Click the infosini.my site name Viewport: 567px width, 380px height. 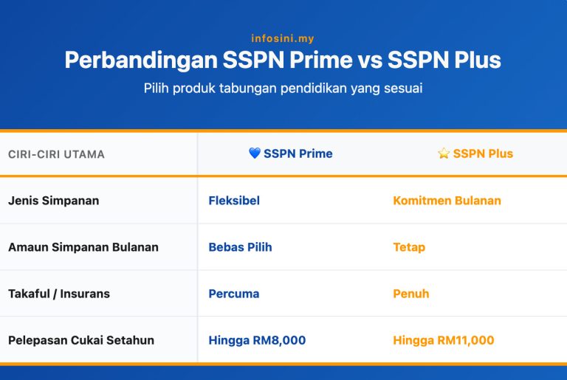[x=283, y=38]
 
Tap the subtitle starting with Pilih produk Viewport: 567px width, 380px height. [x=283, y=88]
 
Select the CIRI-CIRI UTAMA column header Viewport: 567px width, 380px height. [x=56, y=154]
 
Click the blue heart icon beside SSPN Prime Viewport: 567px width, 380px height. [x=255, y=153]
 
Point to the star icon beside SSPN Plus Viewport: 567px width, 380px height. [x=444, y=153]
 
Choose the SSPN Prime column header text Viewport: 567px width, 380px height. [x=298, y=153]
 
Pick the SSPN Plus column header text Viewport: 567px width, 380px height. [x=483, y=153]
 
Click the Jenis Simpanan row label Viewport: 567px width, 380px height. [x=53, y=201]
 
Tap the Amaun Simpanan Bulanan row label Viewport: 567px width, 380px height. [x=83, y=247]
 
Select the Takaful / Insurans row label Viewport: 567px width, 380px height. [x=59, y=294]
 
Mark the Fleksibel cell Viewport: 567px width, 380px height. [x=234, y=201]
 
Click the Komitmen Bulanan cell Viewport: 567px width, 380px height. [x=447, y=201]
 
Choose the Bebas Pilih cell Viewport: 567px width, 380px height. [x=240, y=247]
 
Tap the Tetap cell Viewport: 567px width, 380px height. [x=409, y=247]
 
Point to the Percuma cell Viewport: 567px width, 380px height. [x=234, y=294]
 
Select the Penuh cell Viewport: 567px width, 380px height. [x=411, y=294]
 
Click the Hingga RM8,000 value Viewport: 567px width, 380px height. [x=257, y=340]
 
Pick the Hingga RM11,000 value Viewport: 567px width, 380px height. [x=444, y=340]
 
